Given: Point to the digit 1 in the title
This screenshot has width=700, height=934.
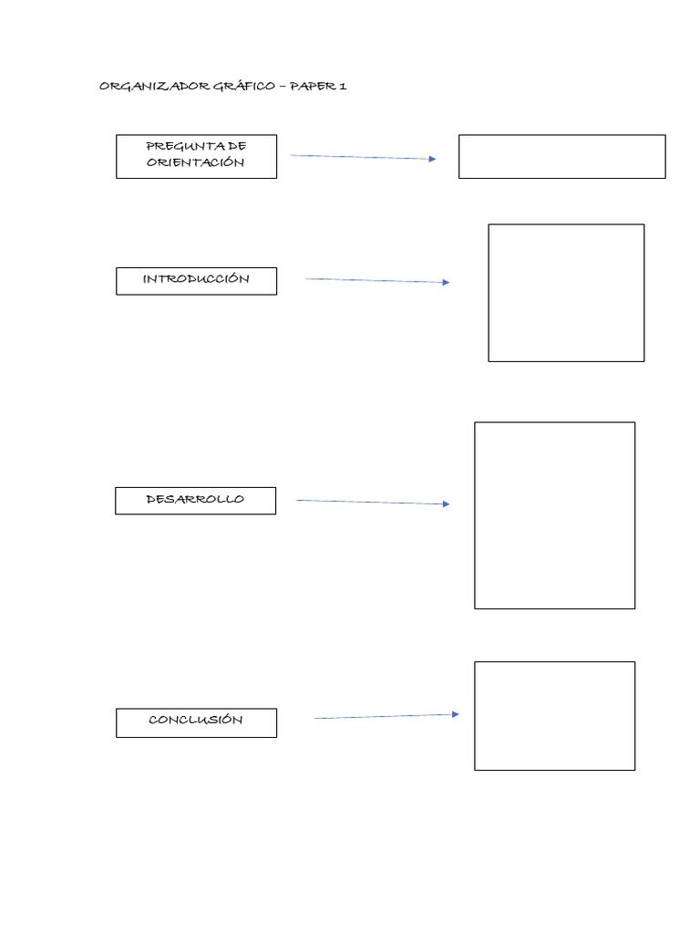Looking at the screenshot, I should [343, 87].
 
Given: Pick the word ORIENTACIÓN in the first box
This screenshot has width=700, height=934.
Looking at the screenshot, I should [196, 162].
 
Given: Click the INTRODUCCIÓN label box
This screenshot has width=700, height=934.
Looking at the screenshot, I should [196, 280].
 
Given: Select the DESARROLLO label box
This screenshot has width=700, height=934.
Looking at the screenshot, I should [195, 500].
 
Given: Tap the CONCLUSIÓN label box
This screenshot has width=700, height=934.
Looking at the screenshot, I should [196, 721].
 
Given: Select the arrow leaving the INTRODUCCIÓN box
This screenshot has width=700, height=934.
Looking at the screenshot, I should [376, 281].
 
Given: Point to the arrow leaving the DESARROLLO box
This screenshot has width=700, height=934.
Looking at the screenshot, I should [371, 502].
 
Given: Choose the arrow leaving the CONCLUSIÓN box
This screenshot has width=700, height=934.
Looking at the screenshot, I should [385, 717].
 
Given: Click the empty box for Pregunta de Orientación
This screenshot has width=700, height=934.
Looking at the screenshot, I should [561, 157].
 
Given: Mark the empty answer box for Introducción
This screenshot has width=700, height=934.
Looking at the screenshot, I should [566, 293].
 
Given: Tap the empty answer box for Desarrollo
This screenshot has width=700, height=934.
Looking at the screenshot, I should [554, 515].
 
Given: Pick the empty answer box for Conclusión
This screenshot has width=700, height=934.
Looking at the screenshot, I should [554, 716].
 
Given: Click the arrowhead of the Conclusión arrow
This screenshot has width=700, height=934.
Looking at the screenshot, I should [455, 715].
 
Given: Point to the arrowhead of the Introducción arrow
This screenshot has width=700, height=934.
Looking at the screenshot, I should [445, 283].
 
